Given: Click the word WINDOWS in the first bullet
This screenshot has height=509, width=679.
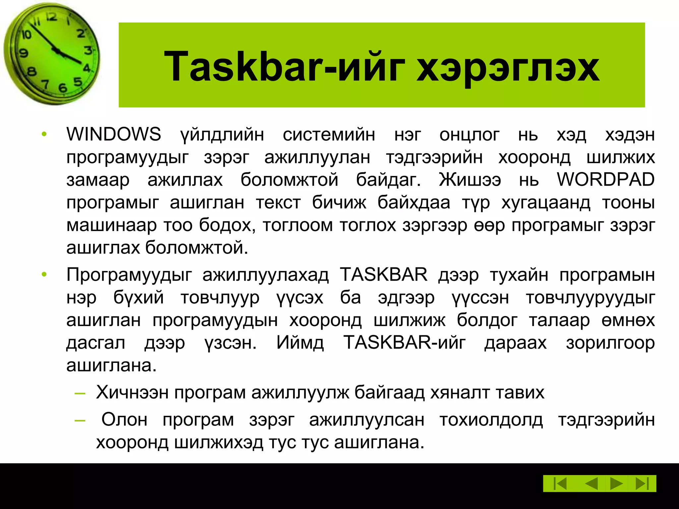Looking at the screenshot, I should point(114,135).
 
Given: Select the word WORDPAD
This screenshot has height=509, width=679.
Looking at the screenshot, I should point(605,180).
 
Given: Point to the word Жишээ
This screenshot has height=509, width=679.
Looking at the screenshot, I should point(470,180).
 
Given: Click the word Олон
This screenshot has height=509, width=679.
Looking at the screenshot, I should point(124,420).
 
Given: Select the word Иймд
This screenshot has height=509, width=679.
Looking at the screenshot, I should point(300,343).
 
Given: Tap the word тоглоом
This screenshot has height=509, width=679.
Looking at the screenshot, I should point(298,225).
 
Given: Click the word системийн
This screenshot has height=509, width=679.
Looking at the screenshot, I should point(329,135).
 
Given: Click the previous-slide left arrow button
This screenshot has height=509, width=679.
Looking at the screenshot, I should point(591,483).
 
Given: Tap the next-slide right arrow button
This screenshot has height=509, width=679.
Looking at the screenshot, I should point(616,483).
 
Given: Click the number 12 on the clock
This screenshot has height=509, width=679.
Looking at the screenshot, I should point(51,17).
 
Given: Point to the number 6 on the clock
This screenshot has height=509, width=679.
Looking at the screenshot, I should point(62,88).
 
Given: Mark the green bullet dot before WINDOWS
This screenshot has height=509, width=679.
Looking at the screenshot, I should point(44,135).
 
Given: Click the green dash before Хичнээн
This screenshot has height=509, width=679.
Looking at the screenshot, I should point(80,393).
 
